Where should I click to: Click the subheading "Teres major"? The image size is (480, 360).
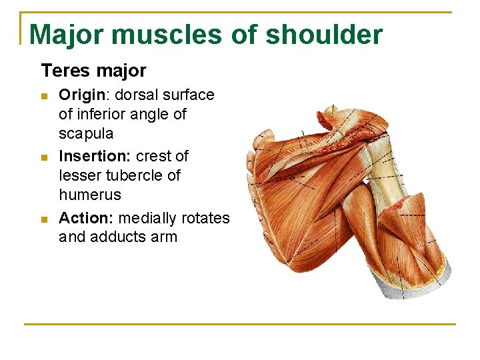click(93, 70)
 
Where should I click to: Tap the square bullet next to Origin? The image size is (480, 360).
click(45, 96)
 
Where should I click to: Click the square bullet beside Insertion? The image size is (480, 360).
click(45, 157)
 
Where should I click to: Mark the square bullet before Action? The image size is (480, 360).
click(45, 219)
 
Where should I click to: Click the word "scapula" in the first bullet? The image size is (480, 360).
click(86, 133)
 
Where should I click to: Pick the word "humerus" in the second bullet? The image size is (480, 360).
click(89, 195)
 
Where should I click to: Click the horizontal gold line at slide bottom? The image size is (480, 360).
click(240, 325)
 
